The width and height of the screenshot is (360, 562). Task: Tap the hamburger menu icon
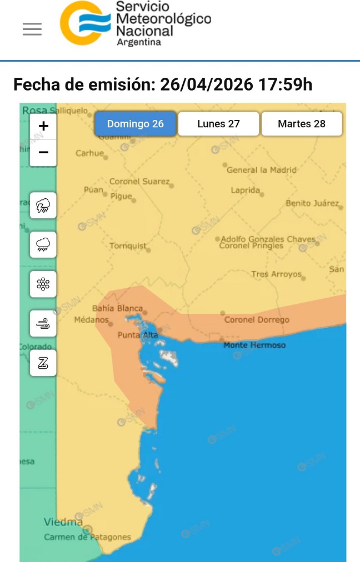[x=32, y=29]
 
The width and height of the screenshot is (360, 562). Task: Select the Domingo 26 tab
[x=136, y=124]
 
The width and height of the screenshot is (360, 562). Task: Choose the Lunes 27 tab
[x=218, y=124]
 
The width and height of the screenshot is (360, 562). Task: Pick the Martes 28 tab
[x=302, y=124]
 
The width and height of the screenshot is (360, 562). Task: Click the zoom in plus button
[x=43, y=126]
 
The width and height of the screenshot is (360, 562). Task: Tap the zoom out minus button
[x=43, y=152]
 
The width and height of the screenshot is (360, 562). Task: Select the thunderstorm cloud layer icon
[x=43, y=205]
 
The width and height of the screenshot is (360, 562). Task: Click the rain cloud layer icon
[x=43, y=245]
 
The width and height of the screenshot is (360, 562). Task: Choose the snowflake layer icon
[x=43, y=284]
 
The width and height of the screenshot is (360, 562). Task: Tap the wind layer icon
[x=43, y=324]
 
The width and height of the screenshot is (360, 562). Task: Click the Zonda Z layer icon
[x=43, y=363]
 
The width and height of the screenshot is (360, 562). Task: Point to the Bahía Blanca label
[x=117, y=308]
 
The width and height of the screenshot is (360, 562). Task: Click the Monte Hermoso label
[x=254, y=345]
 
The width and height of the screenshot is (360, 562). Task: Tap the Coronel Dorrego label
[x=257, y=319]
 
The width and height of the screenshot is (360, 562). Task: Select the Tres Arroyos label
[x=276, y=274]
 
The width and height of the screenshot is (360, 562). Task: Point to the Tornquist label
[x=128, y=245]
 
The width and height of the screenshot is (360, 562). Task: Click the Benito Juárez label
[x=312, y=203]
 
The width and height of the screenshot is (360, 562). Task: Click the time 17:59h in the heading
[x=284, y=85]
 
